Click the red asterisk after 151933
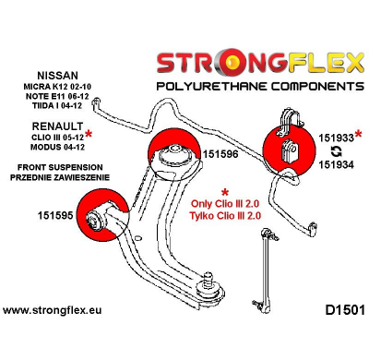[358, 136]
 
